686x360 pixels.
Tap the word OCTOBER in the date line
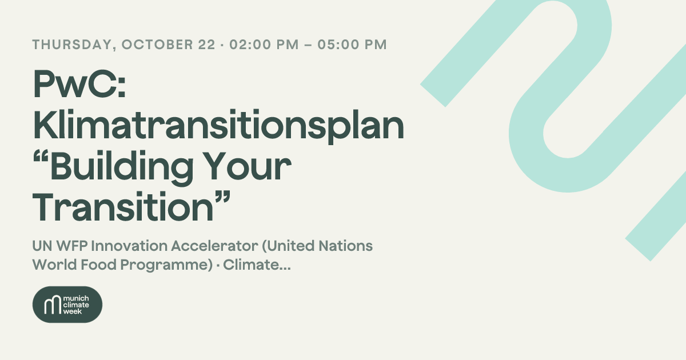(157, 45)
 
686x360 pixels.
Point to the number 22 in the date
(207, 45)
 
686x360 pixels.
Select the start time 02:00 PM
(264, 45)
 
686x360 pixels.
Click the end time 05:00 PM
(352, 45)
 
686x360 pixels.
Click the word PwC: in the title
(79, 83)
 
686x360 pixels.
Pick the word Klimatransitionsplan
(218, 126)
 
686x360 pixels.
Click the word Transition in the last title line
(123, 207)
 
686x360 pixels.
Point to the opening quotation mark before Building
(41, 157)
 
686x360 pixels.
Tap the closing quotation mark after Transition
(222, 197)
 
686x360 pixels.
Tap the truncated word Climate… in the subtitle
(257, 265)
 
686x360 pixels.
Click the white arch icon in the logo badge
(53, 305)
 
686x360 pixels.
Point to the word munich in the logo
(76, 298)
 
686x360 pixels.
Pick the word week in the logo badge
(73, 311)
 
